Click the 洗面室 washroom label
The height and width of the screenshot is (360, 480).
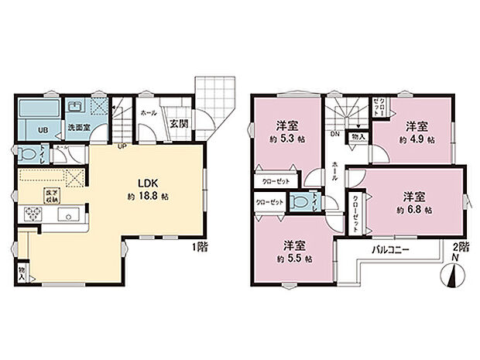point(75,127)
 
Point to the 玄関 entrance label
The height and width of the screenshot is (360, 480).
point(178,122)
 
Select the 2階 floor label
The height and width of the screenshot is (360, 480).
point(461,246)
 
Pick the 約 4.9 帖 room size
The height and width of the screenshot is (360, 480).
point(417,140)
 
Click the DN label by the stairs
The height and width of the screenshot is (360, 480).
point(335,134)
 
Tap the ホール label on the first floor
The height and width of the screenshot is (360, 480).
point(149,113)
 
